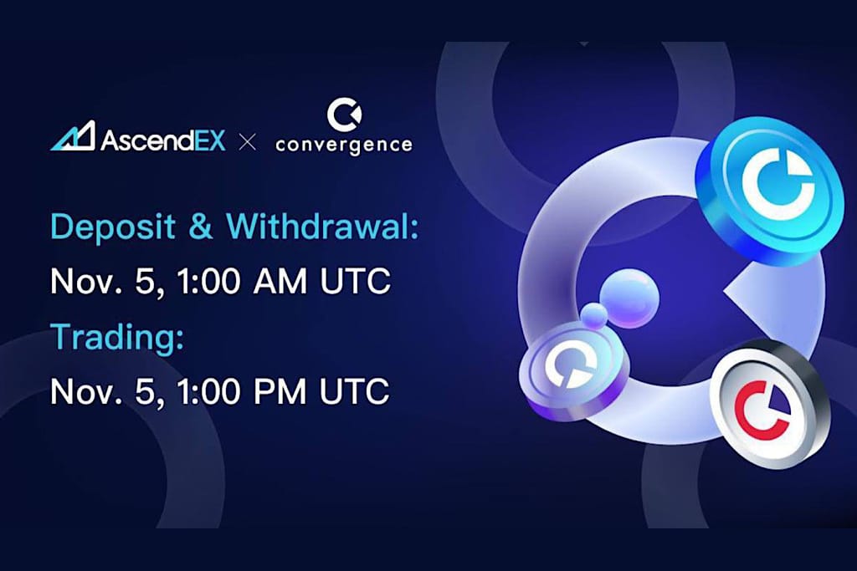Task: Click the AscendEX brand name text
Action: point(163,139)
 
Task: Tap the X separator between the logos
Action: point(247,141)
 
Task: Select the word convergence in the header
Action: point(344,145)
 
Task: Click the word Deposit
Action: point(108,227)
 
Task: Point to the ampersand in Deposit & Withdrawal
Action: point(201,227)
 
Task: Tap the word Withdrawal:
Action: point(322,227)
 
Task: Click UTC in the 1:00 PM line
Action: point(358,390)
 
